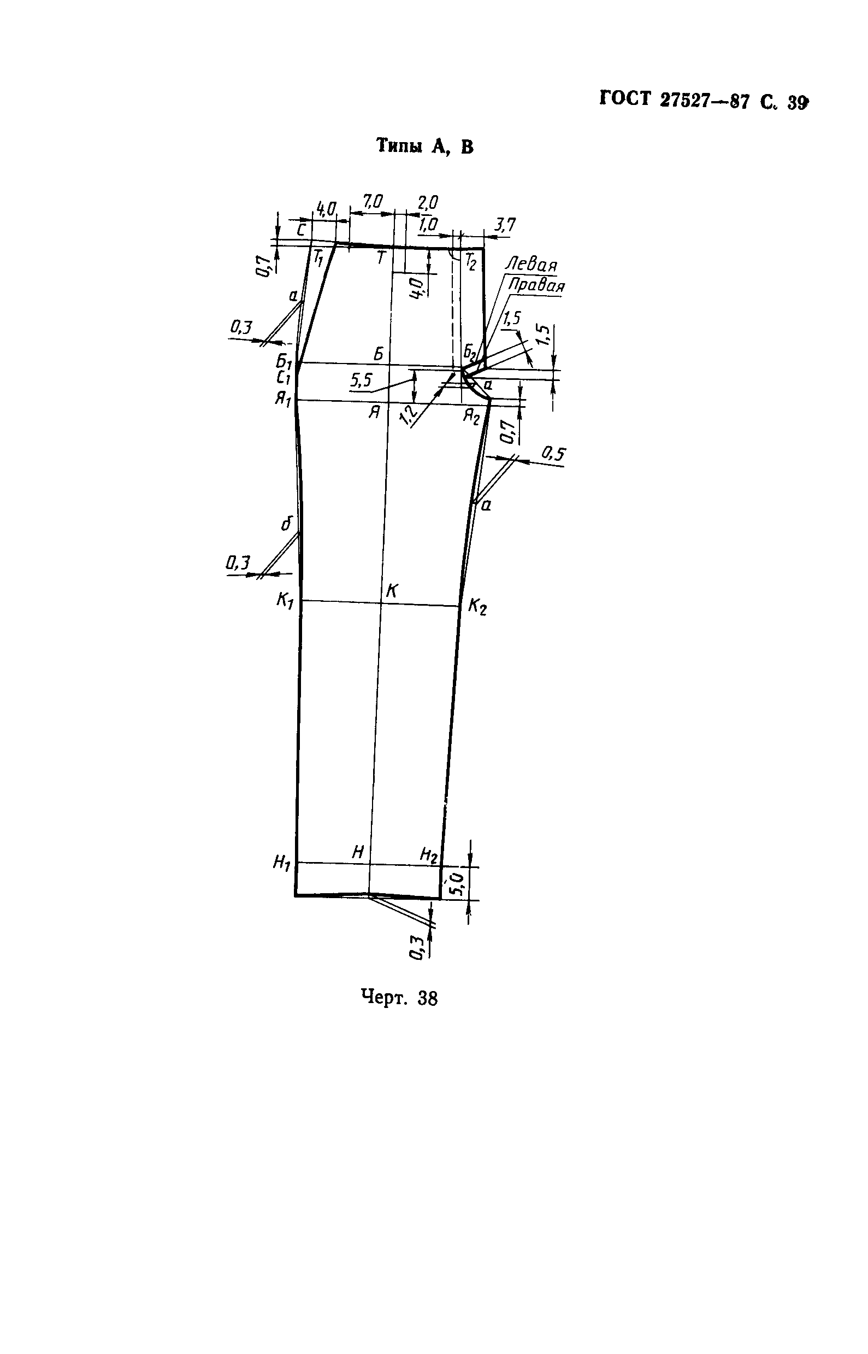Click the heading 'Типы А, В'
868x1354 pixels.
point(425,146)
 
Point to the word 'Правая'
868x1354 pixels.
point(536,285)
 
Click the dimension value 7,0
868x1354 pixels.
point(373,201)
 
